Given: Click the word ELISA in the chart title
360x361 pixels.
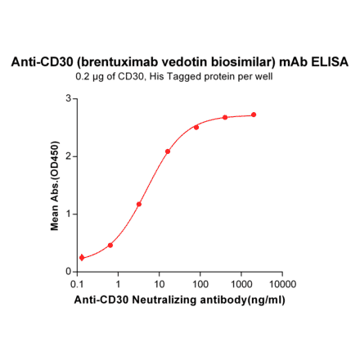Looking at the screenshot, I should pyautogui.click(x=330, y=62).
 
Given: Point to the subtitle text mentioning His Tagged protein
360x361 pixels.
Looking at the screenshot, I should pyautogui.click(x=180, y=77).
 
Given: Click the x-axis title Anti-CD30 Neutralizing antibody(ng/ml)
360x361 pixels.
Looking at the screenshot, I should pyautogui.click(x=180, y=300).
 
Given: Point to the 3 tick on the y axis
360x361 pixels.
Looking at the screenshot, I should pyautogui.click(x=68, y=98).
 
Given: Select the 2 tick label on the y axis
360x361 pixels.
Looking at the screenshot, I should pyautogui.click(x=68, y=156).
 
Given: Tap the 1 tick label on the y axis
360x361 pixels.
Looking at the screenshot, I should pyautogui.click(x=68, y=214).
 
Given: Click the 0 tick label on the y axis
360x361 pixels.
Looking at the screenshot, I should pyautogui.click(x=68, y=272).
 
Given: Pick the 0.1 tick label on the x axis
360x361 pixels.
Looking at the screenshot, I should pyautogui.click(x=79, y=283).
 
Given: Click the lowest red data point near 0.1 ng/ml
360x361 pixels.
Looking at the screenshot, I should pyautogui.click(x=82, y=258).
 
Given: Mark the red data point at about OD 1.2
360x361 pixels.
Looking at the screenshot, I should pyautogui.click(x=139, y=204).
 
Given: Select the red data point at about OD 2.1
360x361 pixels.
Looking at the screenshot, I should pyautogui.click(x=168, y=151).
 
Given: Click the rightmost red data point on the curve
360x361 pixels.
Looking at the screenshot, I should pyautogui.click(x=254, y=115).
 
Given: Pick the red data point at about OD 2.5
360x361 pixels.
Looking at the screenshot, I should pyautogui.click(x=196, y=128).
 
